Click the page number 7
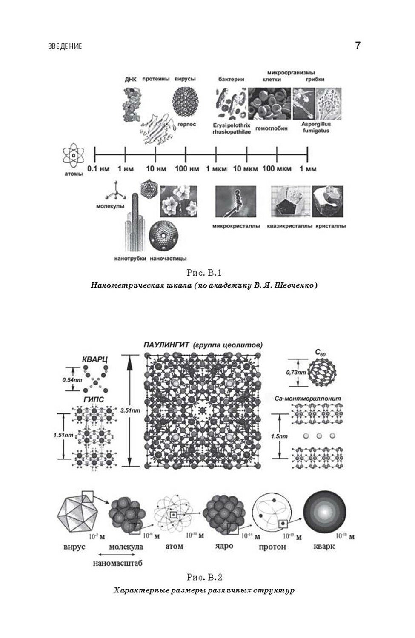click(x=358, y=46)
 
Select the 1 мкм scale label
click(x=217, y=169)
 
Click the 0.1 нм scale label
click(x=98, y=169)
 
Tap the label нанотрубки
click(x=130, y=258)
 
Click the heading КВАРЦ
click(x=94, y=360)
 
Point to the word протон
click(x=272, y=546)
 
